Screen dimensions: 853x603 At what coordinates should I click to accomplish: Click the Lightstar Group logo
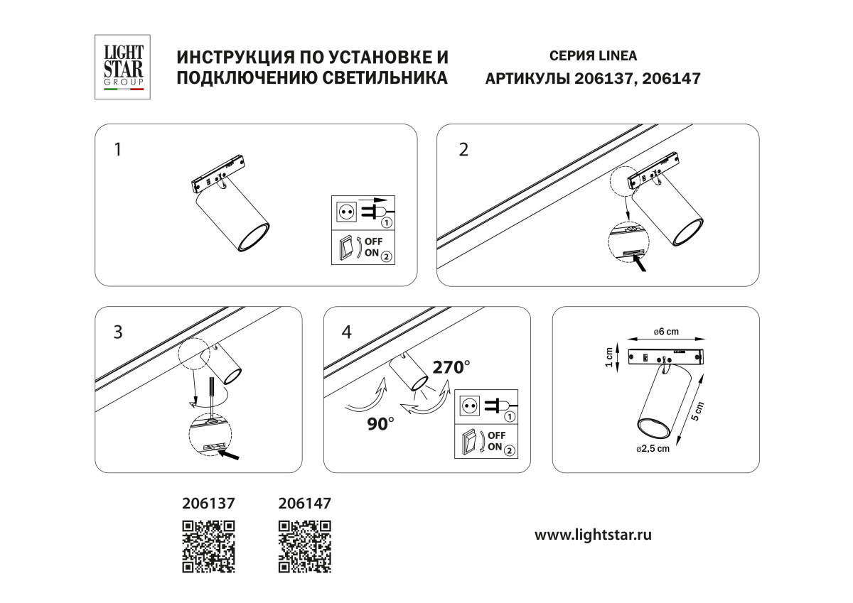click(122, 67)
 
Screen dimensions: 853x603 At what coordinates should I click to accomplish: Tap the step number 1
click(118, 150)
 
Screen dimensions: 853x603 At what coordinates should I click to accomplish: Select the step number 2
click(463, 150)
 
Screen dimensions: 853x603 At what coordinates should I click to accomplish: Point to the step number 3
click(118, 332)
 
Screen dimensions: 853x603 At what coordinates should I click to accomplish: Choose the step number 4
click(347, 332)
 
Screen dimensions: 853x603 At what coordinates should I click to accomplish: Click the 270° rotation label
click(451, 367)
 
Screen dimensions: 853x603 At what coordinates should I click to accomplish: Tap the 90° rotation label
click(380, 424)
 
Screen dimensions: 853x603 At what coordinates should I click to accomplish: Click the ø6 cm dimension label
click(666, 332)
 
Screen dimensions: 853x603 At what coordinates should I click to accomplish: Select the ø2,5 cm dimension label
click(653, 449)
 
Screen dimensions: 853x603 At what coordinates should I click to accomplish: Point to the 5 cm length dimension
click(696, 411)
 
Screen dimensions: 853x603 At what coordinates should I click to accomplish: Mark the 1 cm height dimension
click(609, 357)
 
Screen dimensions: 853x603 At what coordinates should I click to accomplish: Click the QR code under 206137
click(208, 546)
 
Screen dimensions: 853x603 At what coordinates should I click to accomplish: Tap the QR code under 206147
click(305, 546)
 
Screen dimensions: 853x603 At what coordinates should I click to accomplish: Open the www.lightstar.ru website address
click(593, 535)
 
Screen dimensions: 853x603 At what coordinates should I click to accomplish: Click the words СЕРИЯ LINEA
click(593, 56)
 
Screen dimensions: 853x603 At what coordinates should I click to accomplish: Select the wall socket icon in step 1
click(346, 212)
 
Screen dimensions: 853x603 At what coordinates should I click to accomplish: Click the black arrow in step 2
click(639, 263)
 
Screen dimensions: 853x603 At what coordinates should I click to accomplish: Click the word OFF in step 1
click(373, 241)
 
